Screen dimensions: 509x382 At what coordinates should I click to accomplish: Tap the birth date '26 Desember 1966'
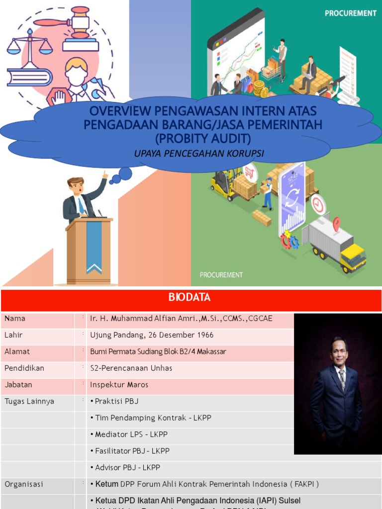159,335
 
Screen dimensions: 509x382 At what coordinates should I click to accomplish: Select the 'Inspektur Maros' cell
119,385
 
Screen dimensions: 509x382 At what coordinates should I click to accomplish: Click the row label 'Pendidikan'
24,368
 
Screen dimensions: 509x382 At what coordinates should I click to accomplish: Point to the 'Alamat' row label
17,351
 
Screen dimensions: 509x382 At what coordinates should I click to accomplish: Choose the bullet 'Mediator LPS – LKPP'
129,434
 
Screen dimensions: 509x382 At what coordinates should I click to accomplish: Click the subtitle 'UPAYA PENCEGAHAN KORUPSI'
199,154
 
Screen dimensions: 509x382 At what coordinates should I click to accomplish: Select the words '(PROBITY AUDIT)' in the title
203,138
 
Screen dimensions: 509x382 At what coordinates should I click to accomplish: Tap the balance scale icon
29,45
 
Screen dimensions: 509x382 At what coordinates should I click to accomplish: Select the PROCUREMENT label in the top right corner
351,13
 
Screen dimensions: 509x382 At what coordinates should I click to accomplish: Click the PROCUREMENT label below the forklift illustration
221,274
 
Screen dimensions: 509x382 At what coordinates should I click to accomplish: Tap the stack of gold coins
259,88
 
